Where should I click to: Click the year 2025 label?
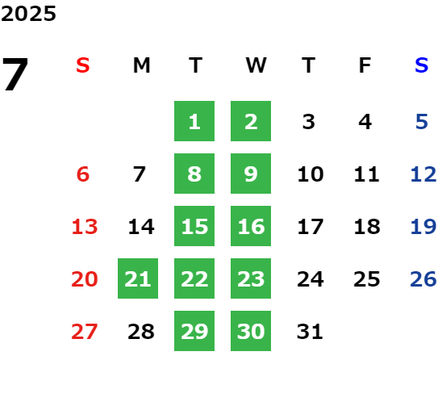(x=28, y=14)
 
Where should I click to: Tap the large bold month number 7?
(x=15, y=73)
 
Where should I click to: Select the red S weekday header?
(x=83, y=65)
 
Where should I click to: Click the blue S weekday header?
(x=421, y=65)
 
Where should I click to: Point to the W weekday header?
(x=256, y=65)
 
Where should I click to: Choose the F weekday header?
(x=365, y=65)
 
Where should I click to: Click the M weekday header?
(x=141, y=65)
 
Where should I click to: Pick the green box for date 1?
(x=194, y=121)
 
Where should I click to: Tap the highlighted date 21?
(x=138, y=278)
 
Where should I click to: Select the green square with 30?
(x=251, y=331)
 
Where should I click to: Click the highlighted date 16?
(x=251, y=226)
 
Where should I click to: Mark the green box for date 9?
(x=251, y=174)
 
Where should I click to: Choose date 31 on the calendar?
(x=310, y=331)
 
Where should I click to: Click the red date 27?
(x=84, y=331)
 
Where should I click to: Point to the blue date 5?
(x=422, y=122)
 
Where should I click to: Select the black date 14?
(x=141, y=226)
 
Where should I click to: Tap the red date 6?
(x=83, y=174)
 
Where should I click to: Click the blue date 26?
(x=423, y=278)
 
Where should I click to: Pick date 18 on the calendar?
(x=367, y=226)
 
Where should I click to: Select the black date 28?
(x=141, y=331)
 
